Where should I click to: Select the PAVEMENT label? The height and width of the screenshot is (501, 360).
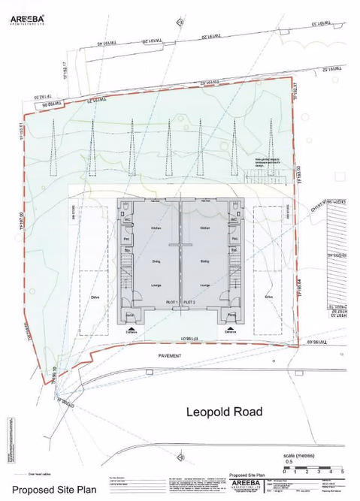(x=170, y=355)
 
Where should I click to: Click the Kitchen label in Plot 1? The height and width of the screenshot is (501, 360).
(x=156, y=227)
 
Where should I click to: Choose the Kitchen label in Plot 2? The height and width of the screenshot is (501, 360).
(x=204, y=227)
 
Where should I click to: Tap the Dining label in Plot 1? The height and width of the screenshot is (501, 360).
(x=156, y=261)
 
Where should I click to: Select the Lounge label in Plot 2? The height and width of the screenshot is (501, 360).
(x=204, y=285)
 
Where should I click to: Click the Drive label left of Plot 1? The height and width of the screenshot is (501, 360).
(x=95, y=297)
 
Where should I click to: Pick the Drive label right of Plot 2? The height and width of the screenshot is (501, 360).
(x=269, y=297)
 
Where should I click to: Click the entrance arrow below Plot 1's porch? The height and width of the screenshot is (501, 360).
(x=133, y=329)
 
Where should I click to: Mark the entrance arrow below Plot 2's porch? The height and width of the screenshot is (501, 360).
(x=229, y=329)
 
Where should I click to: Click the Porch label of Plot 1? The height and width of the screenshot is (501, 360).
(x=129, y=315)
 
